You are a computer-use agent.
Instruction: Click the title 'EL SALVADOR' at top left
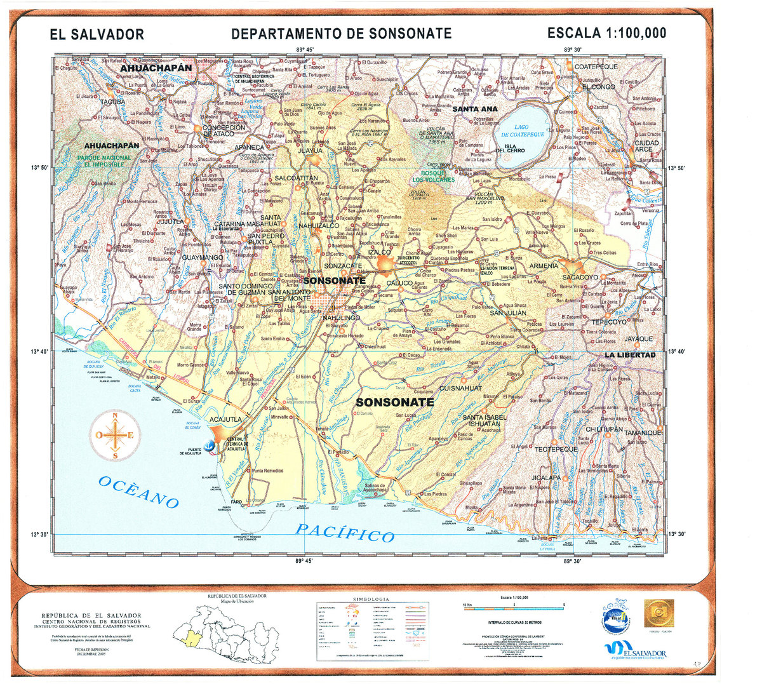97,35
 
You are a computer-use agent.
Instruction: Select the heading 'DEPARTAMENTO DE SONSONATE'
341,34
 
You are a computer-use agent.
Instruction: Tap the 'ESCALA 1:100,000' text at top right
606,33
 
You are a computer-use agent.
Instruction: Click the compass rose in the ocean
114,436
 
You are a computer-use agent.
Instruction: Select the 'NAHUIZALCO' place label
318,225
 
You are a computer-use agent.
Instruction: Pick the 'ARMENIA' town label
544,265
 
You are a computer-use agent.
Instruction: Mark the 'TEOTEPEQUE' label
556,449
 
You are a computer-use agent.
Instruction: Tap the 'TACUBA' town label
113,102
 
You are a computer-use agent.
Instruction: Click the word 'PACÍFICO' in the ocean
345,533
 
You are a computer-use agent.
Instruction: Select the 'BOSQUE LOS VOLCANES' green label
433,176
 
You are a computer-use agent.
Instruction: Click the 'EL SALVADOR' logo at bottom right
635,652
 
